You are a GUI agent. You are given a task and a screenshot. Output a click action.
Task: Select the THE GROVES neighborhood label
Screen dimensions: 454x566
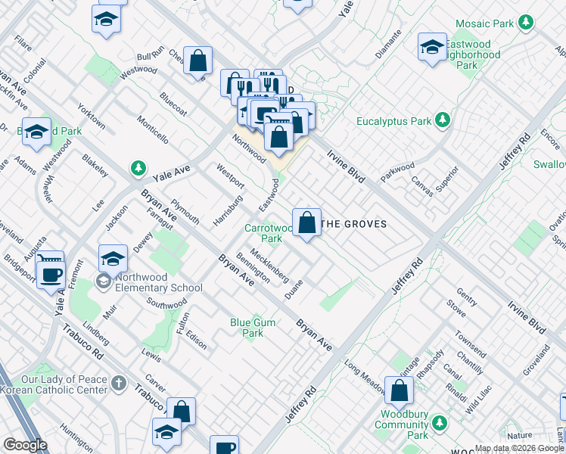(354, 224)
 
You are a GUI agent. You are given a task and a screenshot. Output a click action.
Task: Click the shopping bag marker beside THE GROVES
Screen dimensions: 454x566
(306, 223)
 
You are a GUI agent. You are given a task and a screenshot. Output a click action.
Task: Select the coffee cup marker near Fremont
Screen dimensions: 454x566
(51, 275)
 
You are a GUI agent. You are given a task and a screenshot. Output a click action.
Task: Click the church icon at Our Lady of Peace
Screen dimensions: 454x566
(118, 384)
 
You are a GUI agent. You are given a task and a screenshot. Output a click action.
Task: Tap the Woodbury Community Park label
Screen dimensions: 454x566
(402, 425)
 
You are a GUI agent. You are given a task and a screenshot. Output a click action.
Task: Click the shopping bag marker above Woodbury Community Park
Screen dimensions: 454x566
(399, 391)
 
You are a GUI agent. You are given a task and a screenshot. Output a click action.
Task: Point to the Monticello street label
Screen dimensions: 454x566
(153, 129)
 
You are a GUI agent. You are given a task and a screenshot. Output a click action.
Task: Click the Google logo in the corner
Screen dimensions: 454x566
(25, 445)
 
